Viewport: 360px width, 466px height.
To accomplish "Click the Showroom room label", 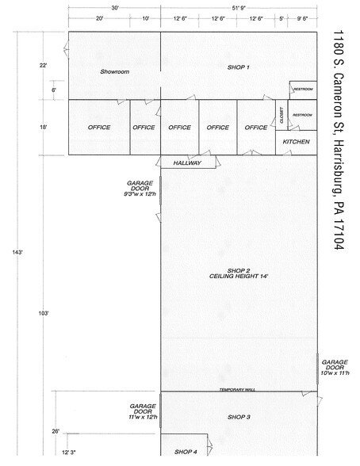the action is (115, 71).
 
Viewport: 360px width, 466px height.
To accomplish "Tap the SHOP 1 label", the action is (239, 67).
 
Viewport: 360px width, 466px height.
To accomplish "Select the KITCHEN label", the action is (296, 142).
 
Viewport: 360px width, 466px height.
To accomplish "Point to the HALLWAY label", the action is (187, 163).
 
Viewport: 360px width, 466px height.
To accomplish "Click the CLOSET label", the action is (281, 116).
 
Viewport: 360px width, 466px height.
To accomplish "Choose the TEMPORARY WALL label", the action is (237, 390).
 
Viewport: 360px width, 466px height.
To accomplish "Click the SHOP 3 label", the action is (239, 417).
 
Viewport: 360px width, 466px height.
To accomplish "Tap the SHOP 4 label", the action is (186, 452).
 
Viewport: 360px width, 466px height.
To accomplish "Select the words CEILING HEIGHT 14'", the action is (239, 276).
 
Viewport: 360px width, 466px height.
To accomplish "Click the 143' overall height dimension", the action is (17, 252).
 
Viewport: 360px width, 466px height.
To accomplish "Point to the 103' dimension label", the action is (44, 313).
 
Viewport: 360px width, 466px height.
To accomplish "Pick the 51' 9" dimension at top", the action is (239, 8).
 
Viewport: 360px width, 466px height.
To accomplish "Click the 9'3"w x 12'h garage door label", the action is (140, 194).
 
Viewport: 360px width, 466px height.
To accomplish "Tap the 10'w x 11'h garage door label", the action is (335, 373).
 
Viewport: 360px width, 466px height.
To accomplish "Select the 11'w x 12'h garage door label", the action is (143, 417).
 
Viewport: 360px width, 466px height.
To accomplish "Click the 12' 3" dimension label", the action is (69, 453).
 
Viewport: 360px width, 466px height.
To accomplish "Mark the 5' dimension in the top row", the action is (281, 19).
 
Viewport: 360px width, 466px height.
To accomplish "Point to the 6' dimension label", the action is (54, 90).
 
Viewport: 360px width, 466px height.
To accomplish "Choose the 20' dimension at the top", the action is (99, 18).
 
